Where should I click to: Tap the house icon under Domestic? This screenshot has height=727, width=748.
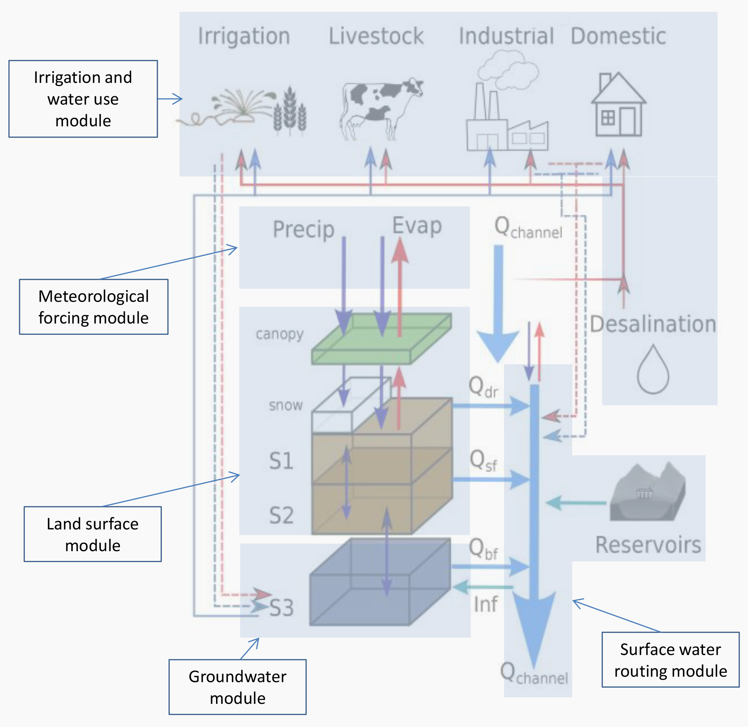point(618,105)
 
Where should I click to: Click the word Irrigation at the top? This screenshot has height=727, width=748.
point(244,36)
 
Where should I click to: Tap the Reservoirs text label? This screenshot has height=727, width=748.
point(648,545)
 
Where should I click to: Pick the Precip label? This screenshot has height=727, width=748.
point(304,229)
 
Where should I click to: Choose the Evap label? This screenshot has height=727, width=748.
point(417,225)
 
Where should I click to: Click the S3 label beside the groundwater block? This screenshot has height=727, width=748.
point(282,608)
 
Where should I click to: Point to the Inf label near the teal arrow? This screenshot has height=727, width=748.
point(485,604)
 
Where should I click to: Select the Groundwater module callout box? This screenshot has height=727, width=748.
point(237,687)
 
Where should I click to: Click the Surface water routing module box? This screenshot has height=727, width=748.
point(671,660)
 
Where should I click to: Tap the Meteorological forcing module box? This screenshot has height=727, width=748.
point(94,307)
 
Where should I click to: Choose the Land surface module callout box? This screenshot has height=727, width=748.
point(93,534)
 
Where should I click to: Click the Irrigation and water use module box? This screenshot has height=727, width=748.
point(83,99)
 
